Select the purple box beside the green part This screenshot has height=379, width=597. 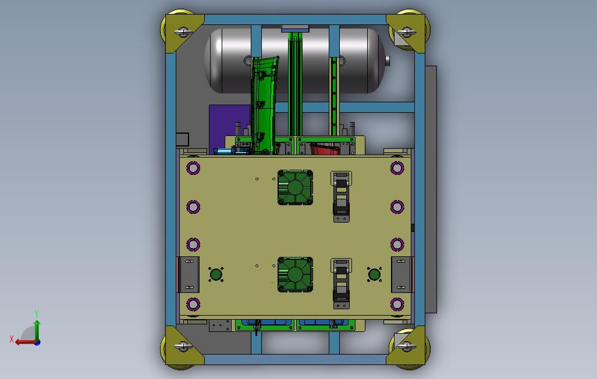click(x=229, y=127)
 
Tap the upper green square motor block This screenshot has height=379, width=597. click(x=295, y=187)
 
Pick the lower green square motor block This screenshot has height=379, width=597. click(x=295, y=274)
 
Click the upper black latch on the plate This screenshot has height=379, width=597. click(x=341, y=196)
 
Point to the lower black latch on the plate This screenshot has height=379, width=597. click(x=341, y=284)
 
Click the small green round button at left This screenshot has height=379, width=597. click(x=216, y=274)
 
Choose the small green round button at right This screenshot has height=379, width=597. click(x=374, y=274)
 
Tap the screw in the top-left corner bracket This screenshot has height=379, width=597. click(x=183, y=31)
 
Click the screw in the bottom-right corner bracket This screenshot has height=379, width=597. click(x=407, y=346)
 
